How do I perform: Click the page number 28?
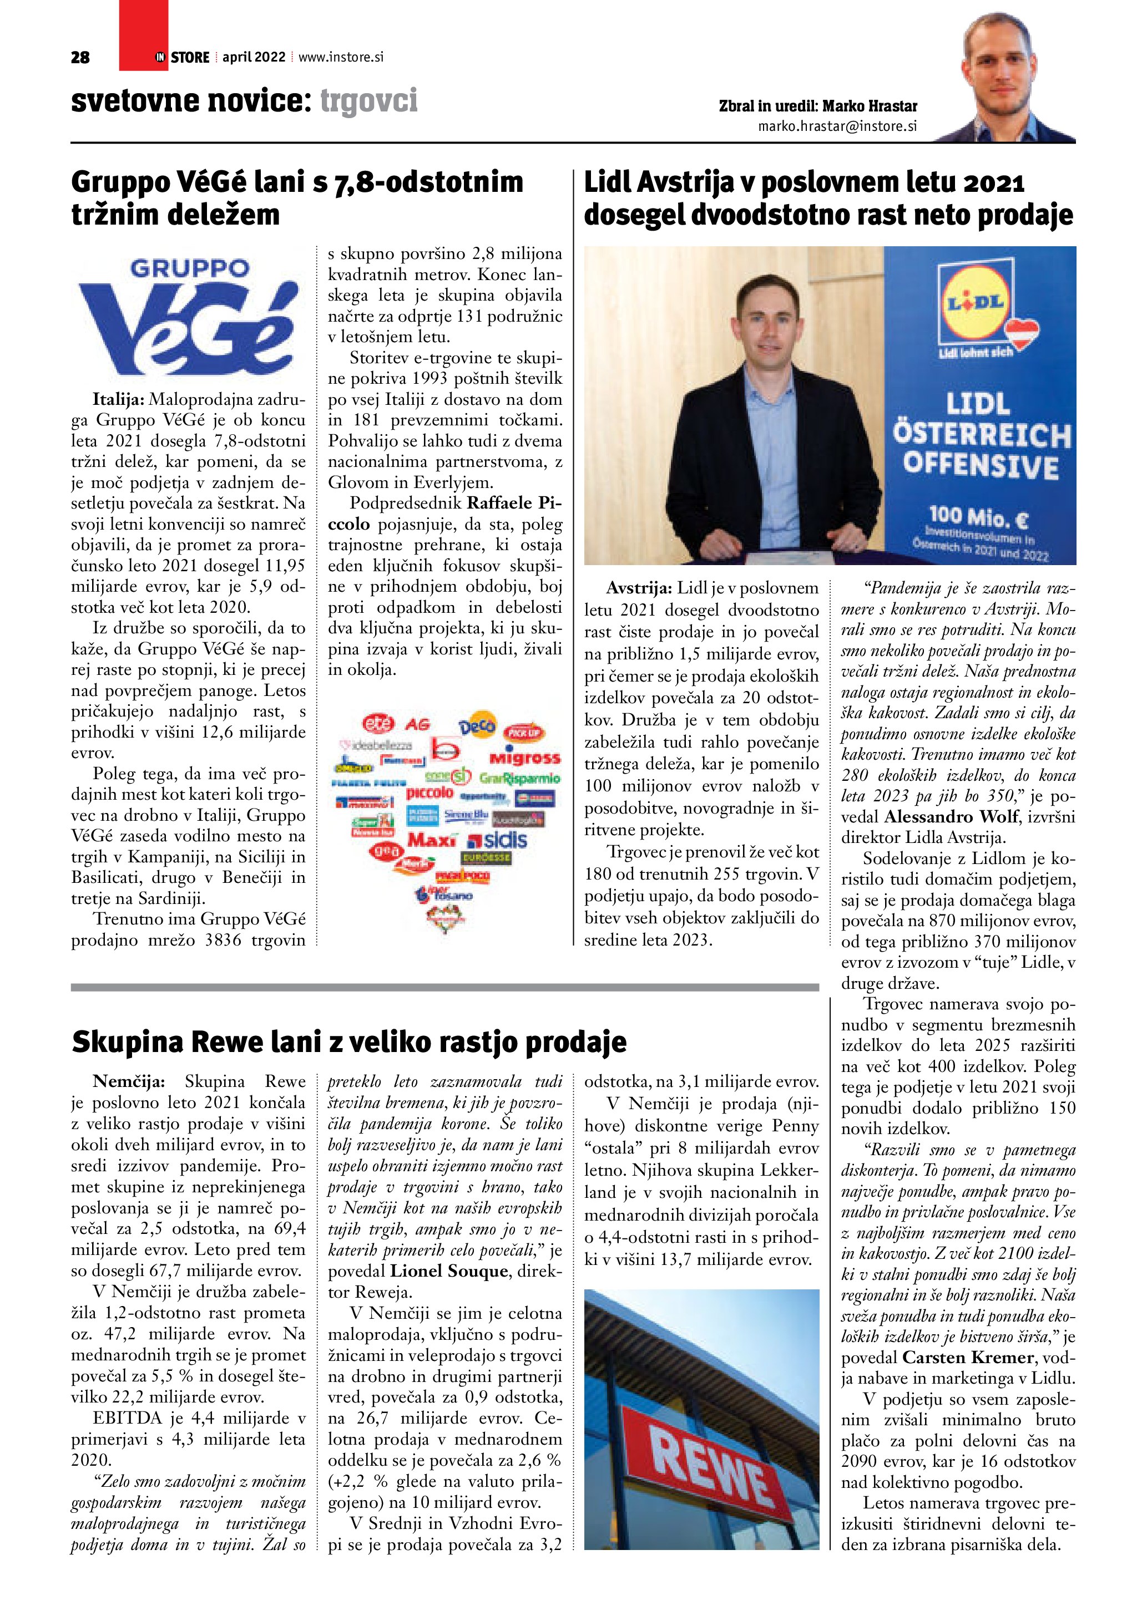tap(80, 57)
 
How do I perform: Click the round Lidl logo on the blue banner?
tap(977, 303)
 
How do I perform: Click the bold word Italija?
tap(119, 400)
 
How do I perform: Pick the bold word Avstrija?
tap(639, 588)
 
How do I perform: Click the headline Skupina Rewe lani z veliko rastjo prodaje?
tap(349, 1042)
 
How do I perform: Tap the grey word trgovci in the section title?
tap(368, 101)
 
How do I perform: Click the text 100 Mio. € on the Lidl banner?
tap(978, 517)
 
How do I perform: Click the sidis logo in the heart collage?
tap(498, 840)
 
